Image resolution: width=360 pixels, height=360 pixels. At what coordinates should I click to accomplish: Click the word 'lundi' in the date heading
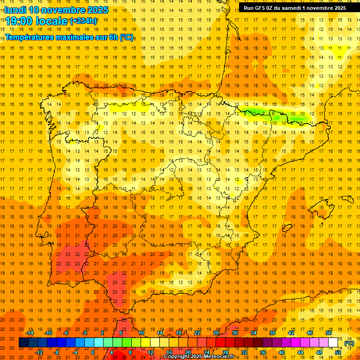click(15, 10)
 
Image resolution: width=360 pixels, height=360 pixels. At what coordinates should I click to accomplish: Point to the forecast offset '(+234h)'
click(83, 21)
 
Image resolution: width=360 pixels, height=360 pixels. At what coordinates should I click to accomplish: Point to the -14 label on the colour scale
click(29, 333)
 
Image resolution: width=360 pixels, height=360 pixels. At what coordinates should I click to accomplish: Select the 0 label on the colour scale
click(93, 352)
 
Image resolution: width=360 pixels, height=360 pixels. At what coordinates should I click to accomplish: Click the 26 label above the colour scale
click(216, 333)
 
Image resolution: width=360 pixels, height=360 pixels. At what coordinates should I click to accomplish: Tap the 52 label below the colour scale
click(337, 352)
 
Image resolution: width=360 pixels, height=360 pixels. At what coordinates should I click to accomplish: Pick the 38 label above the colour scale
click(272, 333)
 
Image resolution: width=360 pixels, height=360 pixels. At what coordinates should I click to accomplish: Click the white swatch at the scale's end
click(333, 343)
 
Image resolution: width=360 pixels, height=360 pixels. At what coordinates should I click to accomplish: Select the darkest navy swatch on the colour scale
click(23, 343)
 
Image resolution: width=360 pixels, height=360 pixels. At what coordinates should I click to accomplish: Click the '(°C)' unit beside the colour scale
click(349, 343)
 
